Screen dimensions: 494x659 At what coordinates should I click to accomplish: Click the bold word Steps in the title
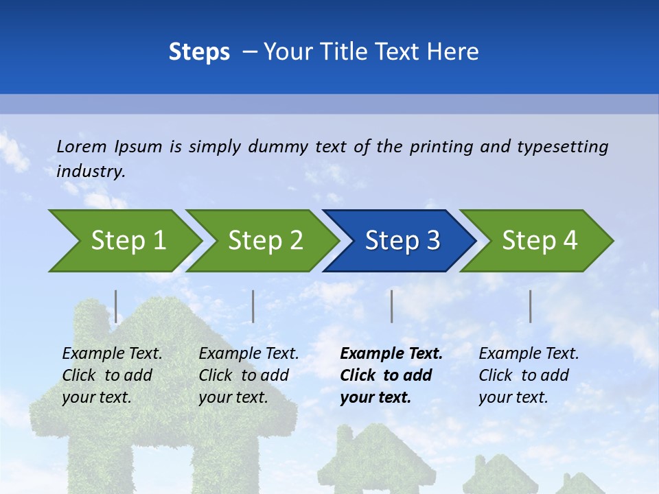(199, 51)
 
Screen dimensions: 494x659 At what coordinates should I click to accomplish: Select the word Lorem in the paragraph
(82, 146)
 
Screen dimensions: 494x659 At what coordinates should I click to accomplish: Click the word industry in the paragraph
(89, 171)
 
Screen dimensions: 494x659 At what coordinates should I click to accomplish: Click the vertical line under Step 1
(116, 306)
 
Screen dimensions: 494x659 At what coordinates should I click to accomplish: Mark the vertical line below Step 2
(253, 306)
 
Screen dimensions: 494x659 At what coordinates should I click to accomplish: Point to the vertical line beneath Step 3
(392, 306)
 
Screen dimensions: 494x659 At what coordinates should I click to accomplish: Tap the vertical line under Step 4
(531, 306)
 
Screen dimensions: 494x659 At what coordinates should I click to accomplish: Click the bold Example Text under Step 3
(391, 354)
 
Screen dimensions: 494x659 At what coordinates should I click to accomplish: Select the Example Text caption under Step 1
(112, 354)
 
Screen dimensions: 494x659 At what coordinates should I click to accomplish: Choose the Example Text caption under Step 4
(529, 354)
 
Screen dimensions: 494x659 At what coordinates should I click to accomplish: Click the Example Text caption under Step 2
(248, 354)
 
